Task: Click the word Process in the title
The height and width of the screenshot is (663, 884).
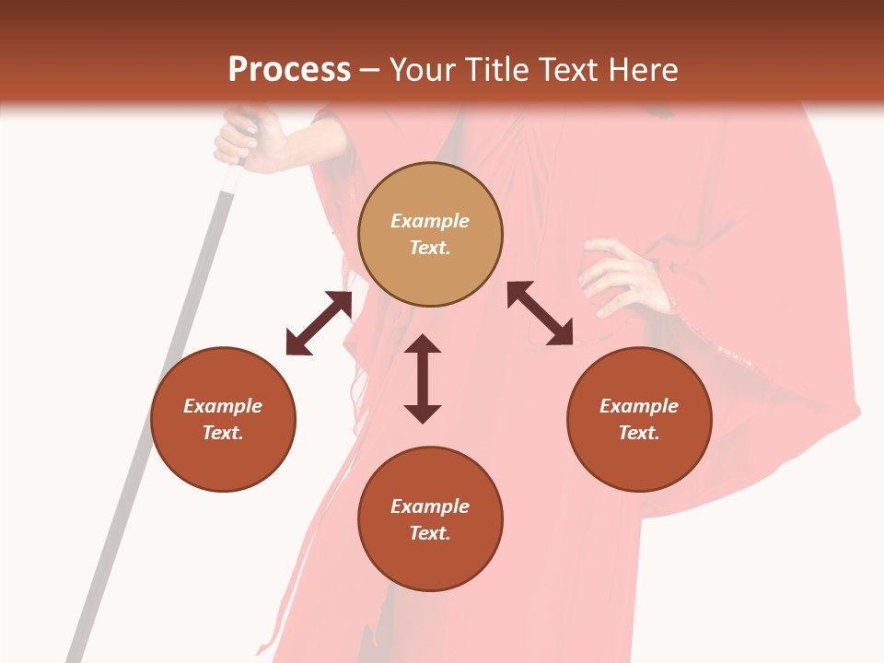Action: [289, 70]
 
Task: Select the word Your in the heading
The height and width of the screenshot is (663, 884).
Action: [425, 70]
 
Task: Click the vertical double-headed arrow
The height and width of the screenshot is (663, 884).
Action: [423, 378]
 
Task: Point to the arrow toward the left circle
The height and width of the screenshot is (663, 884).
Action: [319, 323]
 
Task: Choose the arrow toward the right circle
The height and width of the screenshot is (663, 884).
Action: [541, 313]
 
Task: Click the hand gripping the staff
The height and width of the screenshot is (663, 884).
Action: [244, 138]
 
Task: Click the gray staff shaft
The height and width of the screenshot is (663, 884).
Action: [157, 414]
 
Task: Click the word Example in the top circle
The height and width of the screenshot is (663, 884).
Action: [430, 221]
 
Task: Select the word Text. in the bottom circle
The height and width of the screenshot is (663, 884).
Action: [430, 533]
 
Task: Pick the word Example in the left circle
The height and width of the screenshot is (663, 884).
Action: [223, 406]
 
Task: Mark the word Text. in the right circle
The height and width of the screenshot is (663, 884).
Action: [639, 433]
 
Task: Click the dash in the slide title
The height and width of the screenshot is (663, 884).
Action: [369, 70]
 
